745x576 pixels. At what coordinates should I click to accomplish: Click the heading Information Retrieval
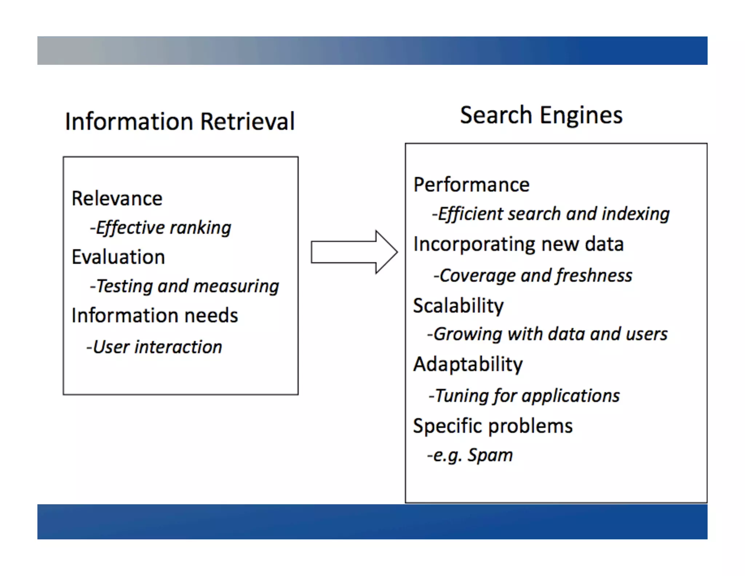pyautogui.click(x=180, y=121)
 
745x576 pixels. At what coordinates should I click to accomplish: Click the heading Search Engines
pyautogui.click(x=541, y=115)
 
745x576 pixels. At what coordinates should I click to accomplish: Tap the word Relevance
pyautogui.click(x=117, y=199)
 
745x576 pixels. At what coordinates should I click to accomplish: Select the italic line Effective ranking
pyautogui.click(x=161, y=228)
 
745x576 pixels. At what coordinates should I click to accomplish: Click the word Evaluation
pyautogui.click(x=118, y=257)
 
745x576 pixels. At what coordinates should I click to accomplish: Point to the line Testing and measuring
pyautogui.click(x=184, y=286)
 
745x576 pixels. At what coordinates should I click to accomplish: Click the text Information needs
pyautogui.click(x=155, y=315)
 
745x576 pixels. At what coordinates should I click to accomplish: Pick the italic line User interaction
pyautogui.click(x=154, y=347)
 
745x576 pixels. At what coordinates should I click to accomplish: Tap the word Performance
pyautogui.click(x=471, y=185)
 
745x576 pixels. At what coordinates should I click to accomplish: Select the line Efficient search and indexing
pyautogui.click(x=550, y=214)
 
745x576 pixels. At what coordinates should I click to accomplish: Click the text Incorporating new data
pyautogui.click(x=518, y=244)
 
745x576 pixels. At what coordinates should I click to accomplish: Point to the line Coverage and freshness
pyautogui.click(x=533, y=276)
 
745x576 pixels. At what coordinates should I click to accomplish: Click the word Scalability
pyautogui.click(x=458, y=305)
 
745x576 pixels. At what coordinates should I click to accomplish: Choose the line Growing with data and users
pyautogui.click(x=547, y=334)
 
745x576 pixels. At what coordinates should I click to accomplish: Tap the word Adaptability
pyautogui.click(x=468, y=364)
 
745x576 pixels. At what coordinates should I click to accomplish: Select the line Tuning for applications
pyautogui.click(x=524, y=396)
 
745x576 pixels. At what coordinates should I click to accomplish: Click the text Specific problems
pyautogui.click(x=493, y=426)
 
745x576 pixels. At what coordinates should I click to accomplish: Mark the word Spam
pyautogui.click(x=490, y=455)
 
